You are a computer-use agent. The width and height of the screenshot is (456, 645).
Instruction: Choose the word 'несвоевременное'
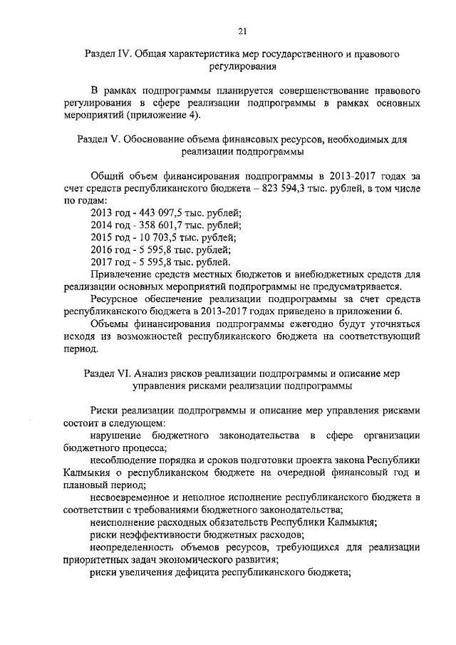coord(132,497)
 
